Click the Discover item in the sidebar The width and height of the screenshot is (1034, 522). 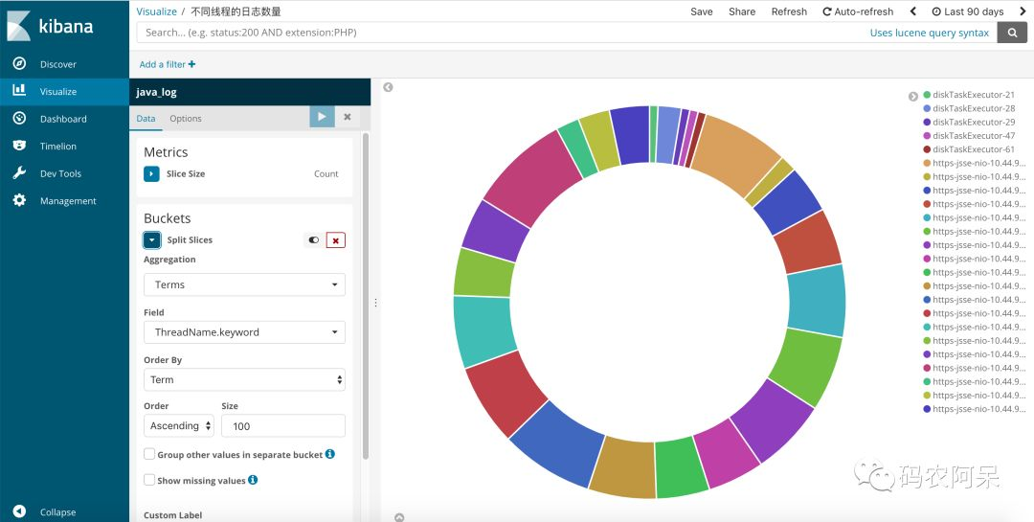pos(57,64)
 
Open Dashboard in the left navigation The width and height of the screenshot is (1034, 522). pos(63,119)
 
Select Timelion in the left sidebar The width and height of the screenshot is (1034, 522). pos(57,147)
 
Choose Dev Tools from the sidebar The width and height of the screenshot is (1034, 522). pos(60,173)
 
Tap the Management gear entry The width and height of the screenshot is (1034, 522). pos(67,201)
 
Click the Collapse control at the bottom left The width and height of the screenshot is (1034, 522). pos(57,512)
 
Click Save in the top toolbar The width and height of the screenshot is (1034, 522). pos(702,11)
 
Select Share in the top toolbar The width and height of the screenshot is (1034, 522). pos(742,11)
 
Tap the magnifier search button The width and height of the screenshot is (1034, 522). pos(1012,33)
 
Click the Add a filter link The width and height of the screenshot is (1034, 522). pos(168,64)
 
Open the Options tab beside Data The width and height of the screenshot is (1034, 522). pos(186,119)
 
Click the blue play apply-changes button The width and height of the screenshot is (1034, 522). pos(322,117)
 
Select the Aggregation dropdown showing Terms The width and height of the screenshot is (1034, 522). pos(244,284)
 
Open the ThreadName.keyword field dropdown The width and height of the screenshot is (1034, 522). pos(244,332)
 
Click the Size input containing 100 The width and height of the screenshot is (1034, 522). pos(282,425)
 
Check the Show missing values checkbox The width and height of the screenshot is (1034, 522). pos(149,480)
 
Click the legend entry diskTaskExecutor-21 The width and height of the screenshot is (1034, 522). pos(974,95)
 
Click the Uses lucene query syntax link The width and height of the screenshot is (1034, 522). pos(929,33)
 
